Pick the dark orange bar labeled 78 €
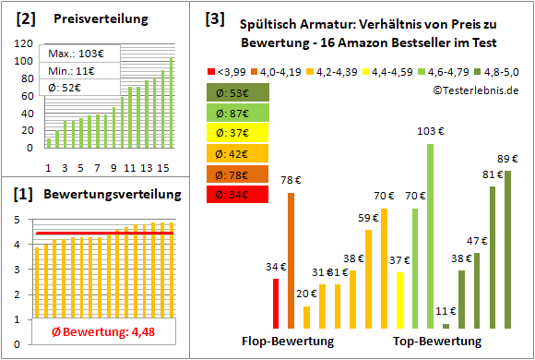point(291,259)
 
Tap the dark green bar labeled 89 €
point(507,249)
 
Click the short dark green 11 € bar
point(446,325)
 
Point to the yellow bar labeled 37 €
point(399,300)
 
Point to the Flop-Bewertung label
point(287,342)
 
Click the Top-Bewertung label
point(437,342)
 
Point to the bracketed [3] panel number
point(214,18)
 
